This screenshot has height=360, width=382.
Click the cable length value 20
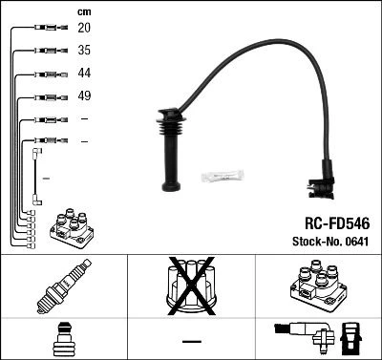pos(84,28)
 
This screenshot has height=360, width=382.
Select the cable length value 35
pos(84,50)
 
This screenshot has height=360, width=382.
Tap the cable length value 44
pos(84,73)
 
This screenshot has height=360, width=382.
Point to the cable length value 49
pos(84,95)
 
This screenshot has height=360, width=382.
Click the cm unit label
pos(84,12)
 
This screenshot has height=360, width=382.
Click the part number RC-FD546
pos(337,223)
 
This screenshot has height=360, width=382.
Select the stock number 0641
pos(356,242)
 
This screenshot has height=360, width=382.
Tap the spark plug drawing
pos(64,286)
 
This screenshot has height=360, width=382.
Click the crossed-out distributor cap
pos(192,286)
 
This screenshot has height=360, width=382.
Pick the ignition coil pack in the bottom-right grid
pos(318,286)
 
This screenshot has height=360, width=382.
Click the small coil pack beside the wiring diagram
pos(72,228)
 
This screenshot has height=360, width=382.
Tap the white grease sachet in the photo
pos(223,176)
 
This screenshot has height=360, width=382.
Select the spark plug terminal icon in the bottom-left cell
pos(64,339)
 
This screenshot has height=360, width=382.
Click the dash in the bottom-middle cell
pos(192,342)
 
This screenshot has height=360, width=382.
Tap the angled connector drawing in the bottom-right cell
pos(318,338)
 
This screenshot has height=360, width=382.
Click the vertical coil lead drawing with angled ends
pos(36,177)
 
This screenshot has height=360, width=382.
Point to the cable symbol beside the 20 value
pos(51,28)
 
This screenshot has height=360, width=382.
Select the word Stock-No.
pos(317,242)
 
